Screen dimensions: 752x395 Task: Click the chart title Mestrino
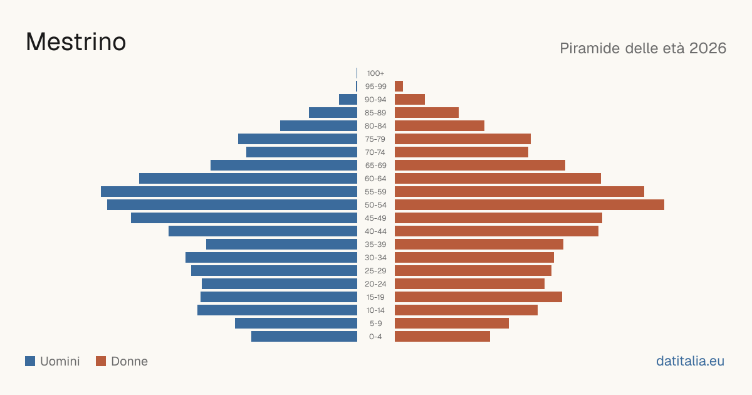pyautogui.click(x=76, y=42)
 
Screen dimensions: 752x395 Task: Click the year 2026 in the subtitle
pyautogui.click(x=708, y=48)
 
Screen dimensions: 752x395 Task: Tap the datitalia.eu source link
pyautogui.click(x=690, y=361)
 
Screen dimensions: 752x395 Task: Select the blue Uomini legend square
pyautogui.click(x=30, y=361)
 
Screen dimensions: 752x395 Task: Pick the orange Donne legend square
pyautogui.click(x=101, y=361)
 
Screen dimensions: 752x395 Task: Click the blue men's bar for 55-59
pyautogui.click(x=229, y=191)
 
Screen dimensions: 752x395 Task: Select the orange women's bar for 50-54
pyautogui.click(x=530, y=205)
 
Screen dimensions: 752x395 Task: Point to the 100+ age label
pyautogui.click(x=375, y=73)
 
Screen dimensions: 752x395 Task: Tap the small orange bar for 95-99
pyautogui.click(x=399, y=87)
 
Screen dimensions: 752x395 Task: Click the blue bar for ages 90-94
pyautogui.click(x=348, y=100)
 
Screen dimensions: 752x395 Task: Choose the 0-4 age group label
pyautogui.click(x=375, y=337)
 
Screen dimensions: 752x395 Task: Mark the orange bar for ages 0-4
pyautogui.click(x=442, y=337)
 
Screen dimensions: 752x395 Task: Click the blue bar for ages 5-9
pyautogui.click(x=296, y=324)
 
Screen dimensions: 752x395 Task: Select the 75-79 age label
pyautogui.click(x=375, y=139)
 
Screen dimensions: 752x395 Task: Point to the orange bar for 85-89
pyautogui.click(x=427, y=112)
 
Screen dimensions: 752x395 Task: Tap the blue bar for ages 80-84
pyautogui.click(x=318, y=126)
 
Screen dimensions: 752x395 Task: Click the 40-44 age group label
pyautogui.click(x=375, y=231)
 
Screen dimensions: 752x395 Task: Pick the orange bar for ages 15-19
pyautogui.click(x=478, y=297)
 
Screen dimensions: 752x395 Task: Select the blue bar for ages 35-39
pyautogui.click(x=281, y=244)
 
